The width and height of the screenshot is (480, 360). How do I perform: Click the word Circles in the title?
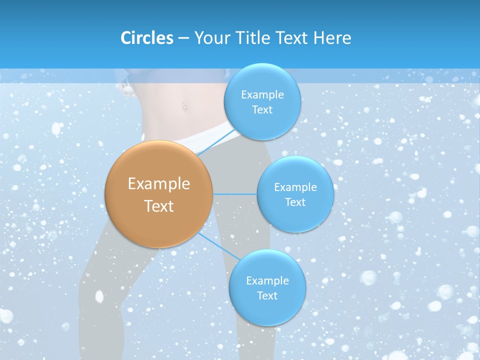tap(147, 38)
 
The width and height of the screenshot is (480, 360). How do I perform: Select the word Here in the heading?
tap(332, 38)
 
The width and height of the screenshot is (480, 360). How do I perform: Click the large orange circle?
tap(159, 194)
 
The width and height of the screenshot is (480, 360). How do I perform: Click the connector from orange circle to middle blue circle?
tap(234, 194)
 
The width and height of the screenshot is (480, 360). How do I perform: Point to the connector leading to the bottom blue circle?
tap(219, 245)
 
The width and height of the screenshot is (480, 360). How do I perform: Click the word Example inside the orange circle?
tap(159, 184)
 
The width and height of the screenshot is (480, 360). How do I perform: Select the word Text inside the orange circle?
tap(159, 206)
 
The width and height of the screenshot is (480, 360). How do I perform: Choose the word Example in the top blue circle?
tap(262, 95)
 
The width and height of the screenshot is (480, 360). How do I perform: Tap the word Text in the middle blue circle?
tap(295, 202)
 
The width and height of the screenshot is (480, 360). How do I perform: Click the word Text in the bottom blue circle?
tap(267, 296)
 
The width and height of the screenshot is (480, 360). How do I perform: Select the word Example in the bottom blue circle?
tap(267, 281)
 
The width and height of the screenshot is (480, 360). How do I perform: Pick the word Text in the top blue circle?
tap(262, 110)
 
